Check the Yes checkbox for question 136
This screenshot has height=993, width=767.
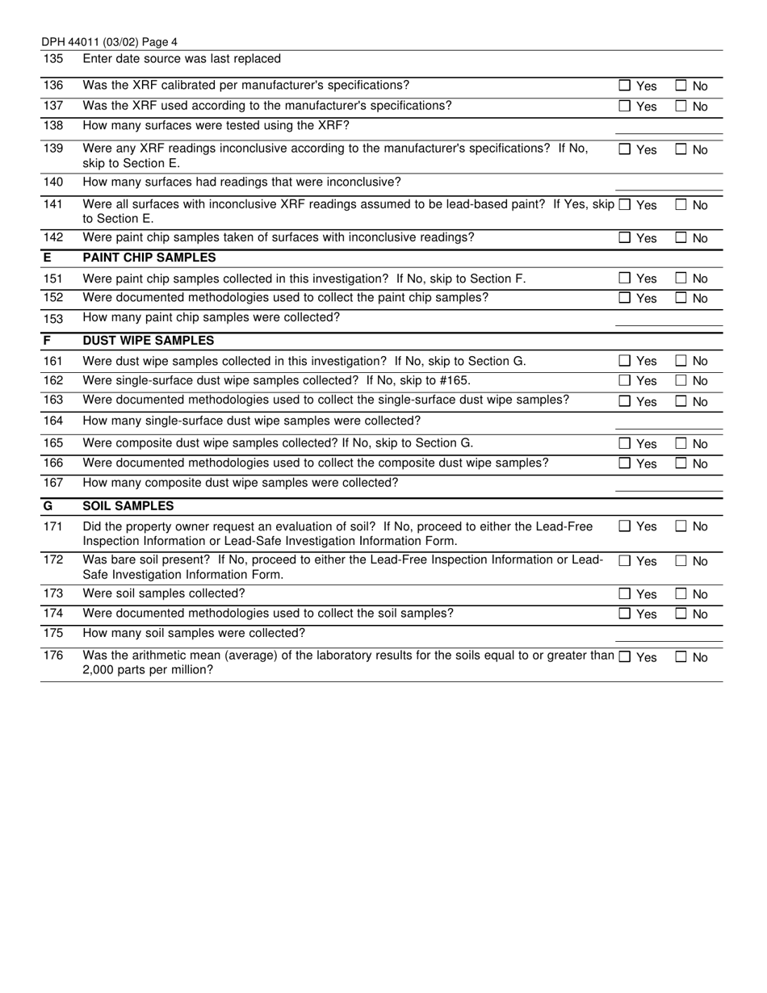[625, 86]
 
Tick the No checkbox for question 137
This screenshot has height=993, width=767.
[681, 107]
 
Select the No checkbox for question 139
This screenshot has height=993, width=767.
[681, 149]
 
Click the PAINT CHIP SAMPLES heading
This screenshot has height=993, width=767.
[149, 258]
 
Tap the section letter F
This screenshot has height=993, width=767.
[47, 341]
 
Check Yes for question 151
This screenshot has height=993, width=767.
[625, 279]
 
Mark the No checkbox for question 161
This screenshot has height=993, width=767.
[681, 361]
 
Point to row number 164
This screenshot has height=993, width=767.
[52, 421]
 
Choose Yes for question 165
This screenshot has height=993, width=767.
[625, 444]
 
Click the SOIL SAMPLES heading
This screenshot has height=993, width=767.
[128, 506]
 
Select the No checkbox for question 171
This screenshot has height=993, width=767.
[681, 526]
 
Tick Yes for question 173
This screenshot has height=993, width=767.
[625, 594]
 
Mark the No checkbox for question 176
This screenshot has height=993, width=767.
[681, 657]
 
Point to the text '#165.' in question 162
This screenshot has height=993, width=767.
[455, 380]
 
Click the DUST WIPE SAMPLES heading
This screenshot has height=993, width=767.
[149, 341]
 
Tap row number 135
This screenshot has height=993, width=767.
[52, 59]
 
